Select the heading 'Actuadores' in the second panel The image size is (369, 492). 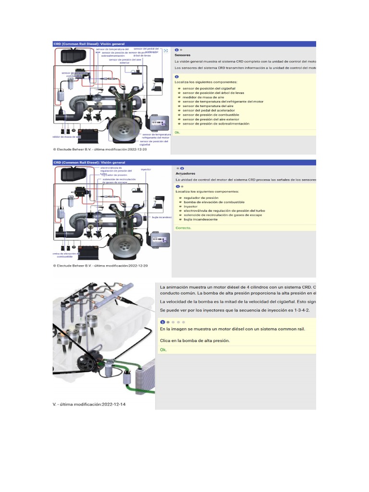coord(185,173)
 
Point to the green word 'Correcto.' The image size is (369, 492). coord(183,228)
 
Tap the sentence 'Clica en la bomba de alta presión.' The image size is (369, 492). coord(195,340)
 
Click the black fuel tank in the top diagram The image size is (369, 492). coord(73,57)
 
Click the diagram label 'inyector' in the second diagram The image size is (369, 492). coord(146,170)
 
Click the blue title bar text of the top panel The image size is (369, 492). coord(89,44)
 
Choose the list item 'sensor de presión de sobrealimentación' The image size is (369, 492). coord(216,123)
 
